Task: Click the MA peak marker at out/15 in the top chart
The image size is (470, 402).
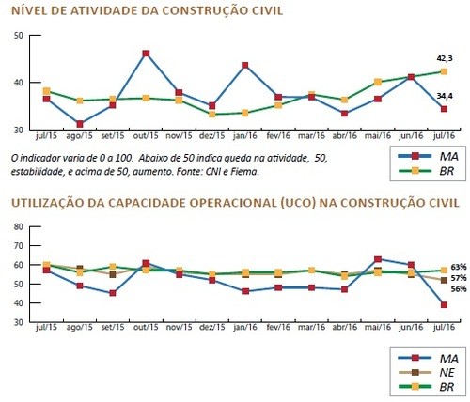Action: click(x=146, y=54)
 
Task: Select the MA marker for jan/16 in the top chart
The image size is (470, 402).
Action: click(x=245, y=65)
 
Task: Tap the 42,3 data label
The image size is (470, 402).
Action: click(x=445, y=58)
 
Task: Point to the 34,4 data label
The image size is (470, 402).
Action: click(x=445, y=96)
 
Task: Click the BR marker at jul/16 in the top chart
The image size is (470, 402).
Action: click(x=444, y=71)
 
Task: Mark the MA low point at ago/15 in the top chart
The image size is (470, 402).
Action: click(x=80, y=124)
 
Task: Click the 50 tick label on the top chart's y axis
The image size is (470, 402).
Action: click(x=19, y=35)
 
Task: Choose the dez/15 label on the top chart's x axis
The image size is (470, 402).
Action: click(x=212, y=136)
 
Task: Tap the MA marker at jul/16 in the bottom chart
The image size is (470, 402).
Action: click(x=444, y=305)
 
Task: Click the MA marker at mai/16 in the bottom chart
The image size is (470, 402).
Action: click(x=378, y=259)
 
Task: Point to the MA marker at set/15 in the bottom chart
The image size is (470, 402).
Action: click(x=113, y=293)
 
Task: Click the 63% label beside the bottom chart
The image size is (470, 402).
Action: click(x=459, y=267)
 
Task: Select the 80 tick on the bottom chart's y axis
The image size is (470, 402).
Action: click(x=19, y=226)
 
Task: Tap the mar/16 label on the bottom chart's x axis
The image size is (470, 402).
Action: click(x=311, y=327)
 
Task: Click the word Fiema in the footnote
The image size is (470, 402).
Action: click(x=248, y=172)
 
